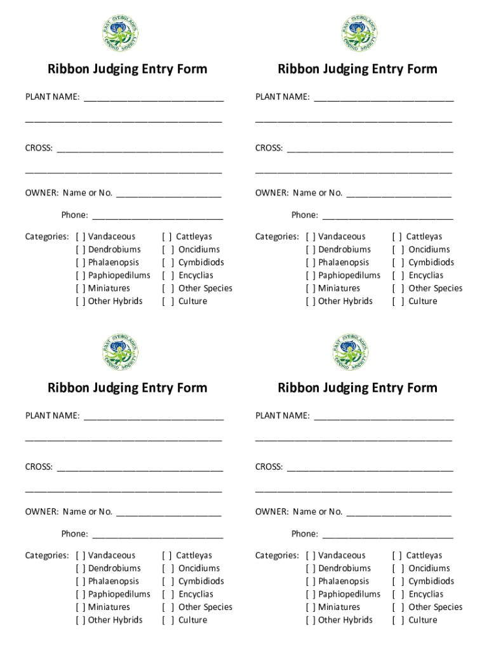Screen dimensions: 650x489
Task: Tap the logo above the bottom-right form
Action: point(351,352)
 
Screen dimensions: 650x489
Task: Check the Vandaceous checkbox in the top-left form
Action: point(81,237)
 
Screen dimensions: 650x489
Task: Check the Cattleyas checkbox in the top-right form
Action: point(398,237)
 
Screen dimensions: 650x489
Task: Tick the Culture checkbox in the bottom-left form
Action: point(168,620)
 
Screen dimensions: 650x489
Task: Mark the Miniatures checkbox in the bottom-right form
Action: point(311,607)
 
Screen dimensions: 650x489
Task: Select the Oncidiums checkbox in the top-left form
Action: point(168,249)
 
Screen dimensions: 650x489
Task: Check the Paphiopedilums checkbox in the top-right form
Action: point(311,275)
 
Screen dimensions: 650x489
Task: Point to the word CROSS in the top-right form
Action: point(269,148)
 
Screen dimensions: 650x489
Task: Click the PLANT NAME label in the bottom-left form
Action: point(52,416)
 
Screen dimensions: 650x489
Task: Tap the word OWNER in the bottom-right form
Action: point(271,512)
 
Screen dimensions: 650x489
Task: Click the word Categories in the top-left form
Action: point(46,237)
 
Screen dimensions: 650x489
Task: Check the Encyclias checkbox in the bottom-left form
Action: point(168,594)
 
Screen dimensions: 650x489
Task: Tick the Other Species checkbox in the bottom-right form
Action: point(398,607)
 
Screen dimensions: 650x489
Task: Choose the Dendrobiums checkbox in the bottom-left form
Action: point(81,568)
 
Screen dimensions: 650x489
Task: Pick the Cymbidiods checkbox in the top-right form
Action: point(398,263)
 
